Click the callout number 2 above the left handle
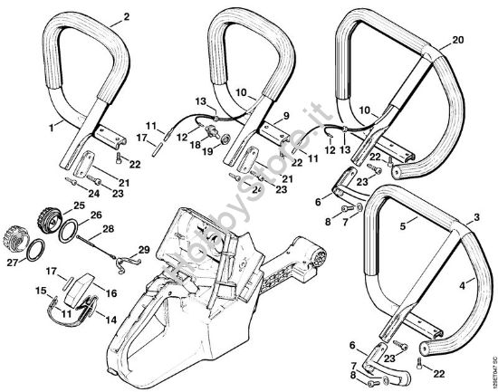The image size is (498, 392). click(126, 16)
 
